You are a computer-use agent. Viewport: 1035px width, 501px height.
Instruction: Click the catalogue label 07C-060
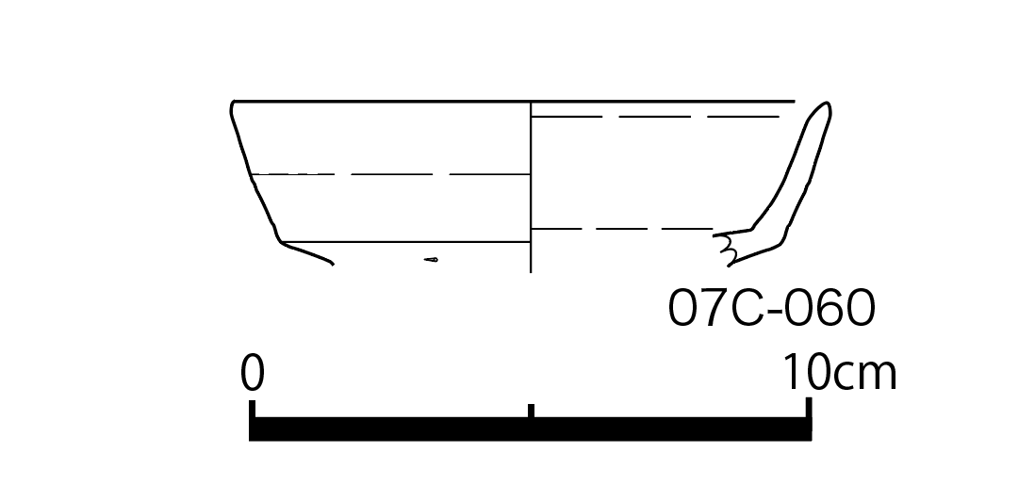(x=772, y=308)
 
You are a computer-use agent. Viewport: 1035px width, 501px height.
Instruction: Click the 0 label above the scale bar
(x=252, y=373)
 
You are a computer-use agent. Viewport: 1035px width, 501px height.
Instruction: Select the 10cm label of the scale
(x=839, y=373)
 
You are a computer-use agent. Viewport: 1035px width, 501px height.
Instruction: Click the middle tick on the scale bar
(x=531, y=410)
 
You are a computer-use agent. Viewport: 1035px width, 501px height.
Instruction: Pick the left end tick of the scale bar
(x=252, y=409)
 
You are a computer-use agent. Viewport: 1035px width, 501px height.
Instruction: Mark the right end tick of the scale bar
(x=809, y=408)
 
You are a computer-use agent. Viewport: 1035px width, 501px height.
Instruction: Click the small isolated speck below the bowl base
(x=431, y=260)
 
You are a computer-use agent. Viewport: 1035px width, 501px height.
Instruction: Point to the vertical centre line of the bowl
(x=531, y=186)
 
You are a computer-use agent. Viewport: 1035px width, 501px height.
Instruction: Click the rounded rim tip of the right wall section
(x=827, y=105)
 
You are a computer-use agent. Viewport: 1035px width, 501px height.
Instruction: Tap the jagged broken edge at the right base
(x=726, y=249)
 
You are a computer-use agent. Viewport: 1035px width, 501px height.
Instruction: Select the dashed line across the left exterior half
(x=391, y=175)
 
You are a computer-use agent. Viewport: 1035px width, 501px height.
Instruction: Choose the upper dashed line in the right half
(x=656, y=117)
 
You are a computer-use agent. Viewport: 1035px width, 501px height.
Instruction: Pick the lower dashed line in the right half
(x=622, y=229)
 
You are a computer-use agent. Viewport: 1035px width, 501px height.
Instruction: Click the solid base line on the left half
(x=406, y=242)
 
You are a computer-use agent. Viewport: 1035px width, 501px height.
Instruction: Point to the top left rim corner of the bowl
(x=233, y=103)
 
